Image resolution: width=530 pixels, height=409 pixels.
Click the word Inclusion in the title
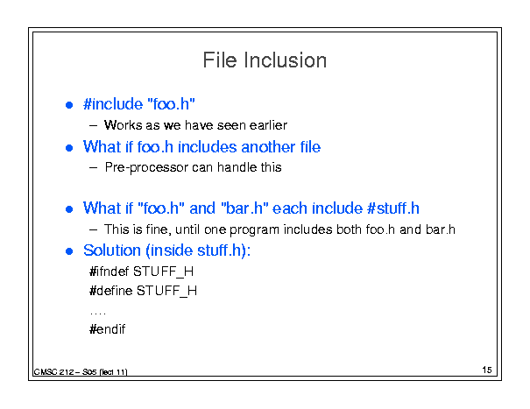[x=285, y=60]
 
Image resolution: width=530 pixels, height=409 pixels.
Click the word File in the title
[x=220, y=60]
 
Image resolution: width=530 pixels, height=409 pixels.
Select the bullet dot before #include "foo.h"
[x=69, y=105]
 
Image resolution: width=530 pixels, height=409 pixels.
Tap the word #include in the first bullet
[x=113, y=103]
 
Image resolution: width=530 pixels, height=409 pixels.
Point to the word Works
[x=123, y=125]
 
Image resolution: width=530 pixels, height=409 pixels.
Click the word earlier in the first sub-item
[x=268, y=125]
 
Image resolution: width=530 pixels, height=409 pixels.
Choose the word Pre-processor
[x=146, y=167]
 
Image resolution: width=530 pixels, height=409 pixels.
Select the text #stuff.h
[x=393, y=208]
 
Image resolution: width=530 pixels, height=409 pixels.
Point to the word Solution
[x=112, y=250]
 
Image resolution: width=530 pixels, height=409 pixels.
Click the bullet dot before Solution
[x=69, y=251]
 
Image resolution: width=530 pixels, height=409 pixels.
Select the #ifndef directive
[x=110, y=271]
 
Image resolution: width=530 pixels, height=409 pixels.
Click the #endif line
[x=107, y=329]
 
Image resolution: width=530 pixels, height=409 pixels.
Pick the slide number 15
[x=487, y=370]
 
